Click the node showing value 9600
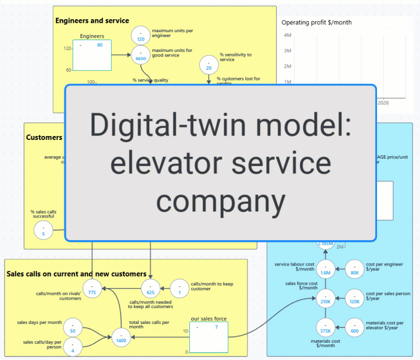pos(141,55)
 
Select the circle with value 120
pos(141,36)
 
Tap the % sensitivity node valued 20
pos(209,65)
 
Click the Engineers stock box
pos(92,55)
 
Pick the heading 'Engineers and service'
pos(92,21)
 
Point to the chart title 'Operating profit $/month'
pos(317,23)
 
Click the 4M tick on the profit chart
pos(287,35)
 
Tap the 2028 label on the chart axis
pos(383,103)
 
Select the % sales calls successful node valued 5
pos(43,230)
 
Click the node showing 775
pos(92,289)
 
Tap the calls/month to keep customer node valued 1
pos(179,289)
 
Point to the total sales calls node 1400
pos(121,337)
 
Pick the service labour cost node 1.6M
pos(326,270)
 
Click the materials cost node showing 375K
pos(326,328)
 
